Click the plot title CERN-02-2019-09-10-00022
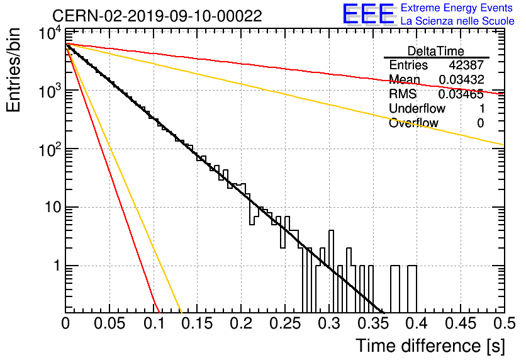tap(157, 16)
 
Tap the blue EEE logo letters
tap(369, 14)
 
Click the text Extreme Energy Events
tap(457, 8)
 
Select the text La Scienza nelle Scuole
tap(457, 21)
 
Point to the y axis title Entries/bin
tap(13, 70)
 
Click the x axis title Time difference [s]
tap(430, 346)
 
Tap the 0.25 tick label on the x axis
tap(285, 323)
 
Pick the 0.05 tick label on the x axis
tap(109, 323)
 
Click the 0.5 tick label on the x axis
tap(505, 323)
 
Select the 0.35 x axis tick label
tap(373, 323)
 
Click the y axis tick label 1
tap(57, 266)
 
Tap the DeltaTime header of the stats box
tap(436, 51)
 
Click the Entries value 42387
tap(466, 65)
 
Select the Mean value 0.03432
tap(461, 79)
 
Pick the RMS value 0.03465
tap(461, 94)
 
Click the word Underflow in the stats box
tap(417, 108)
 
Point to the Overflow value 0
tap(480, 123)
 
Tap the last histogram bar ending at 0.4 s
tap(412, 288)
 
